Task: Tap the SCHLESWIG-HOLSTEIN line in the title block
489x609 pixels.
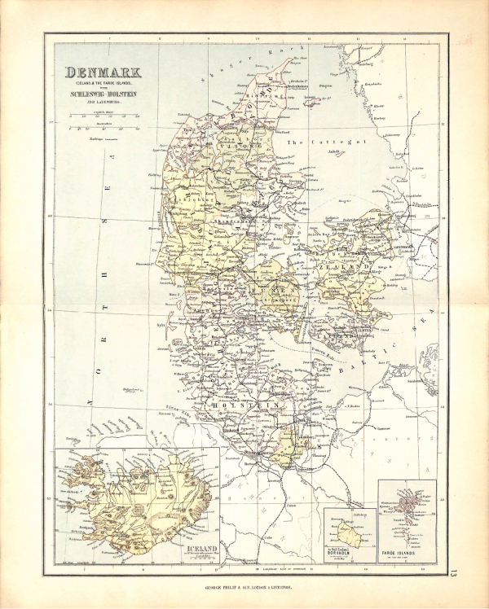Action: pos(101,92)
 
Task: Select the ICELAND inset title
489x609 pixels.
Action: pos(202,550)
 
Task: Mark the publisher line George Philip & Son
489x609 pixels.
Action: pos(244,585)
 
